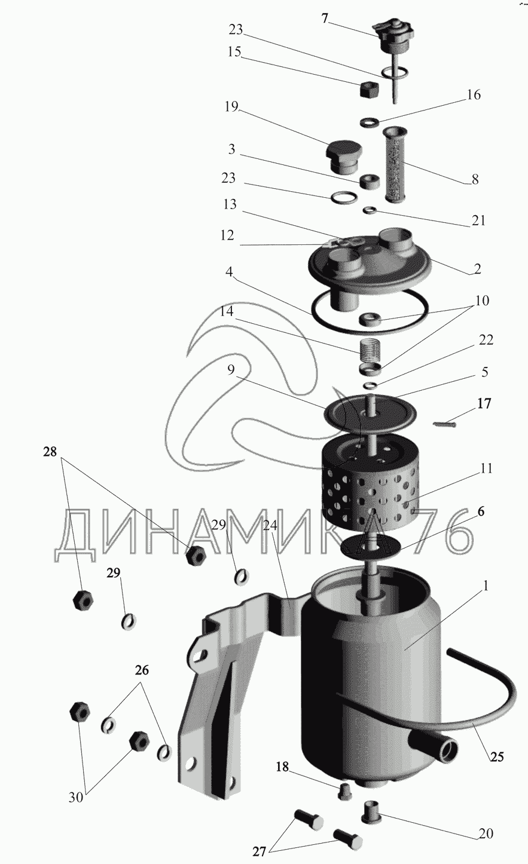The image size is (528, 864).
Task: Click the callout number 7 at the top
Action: (x=325, y=18)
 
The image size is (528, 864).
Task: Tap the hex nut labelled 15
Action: (x=368, y=90)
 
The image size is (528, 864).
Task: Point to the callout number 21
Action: (x=478, y=220)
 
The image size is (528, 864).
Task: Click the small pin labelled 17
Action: (x=444, y=424)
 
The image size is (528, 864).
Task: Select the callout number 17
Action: (x=484, y=403)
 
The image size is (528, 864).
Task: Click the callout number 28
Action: (x=50, y=452)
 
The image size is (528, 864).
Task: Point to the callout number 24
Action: (x=270, y=525)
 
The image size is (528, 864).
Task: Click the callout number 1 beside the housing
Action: (x=486, y=586)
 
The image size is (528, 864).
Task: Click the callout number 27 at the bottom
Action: (x=260, y=851)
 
